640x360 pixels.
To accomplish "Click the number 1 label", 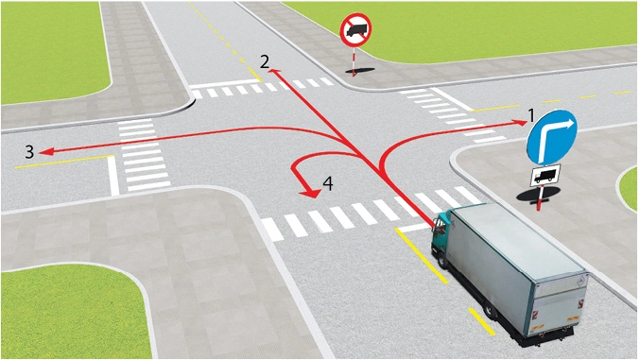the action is pyautogui.click(x=531, y=115).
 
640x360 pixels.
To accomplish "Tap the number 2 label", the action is pyautogui.click(x=265, y=61).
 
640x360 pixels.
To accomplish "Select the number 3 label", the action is pyautogui.click(x=29, y=152).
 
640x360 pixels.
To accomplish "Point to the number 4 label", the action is pyautogui.click(x=328, y=183).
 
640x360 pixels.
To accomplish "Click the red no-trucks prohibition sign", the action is pyautogui.click(x=355, y=30).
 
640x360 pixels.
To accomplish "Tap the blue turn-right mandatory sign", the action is pyautogui.click(x=551, y=137).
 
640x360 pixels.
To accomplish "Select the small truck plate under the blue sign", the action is pyautogui.click(x=545, y=176).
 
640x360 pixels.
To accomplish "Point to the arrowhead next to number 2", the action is pyautogui.click(x=274, y=73).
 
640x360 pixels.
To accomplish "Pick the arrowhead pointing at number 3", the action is pyautogui.click(x=45, y=152).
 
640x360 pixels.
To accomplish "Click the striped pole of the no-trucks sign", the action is pyautogui.click(x=354, y=60).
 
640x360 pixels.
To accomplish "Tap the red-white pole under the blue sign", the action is pyautogui.click(x=541, y=198).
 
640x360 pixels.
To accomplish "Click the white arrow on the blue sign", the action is pyautogui.click(x=551, y=136).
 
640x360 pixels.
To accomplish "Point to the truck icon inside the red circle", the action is pyautogui.click(x=355, y=29).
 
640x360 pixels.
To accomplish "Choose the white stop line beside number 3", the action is pyautogui.click(x=113, y=176).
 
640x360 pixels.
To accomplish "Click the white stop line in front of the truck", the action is pyautogui.click(x=415, y=228).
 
